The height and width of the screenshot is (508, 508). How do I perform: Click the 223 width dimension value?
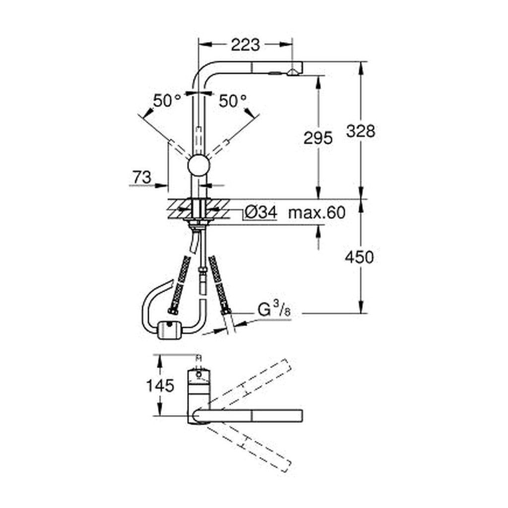(x=245, y=45)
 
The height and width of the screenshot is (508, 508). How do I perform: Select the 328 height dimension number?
(x=361, y=131)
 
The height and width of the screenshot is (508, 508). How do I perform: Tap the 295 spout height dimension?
(x=318, y=138)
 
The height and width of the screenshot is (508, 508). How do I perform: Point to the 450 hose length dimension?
(x=359, y=257)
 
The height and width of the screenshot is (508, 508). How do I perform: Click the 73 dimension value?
(x=142, y=177)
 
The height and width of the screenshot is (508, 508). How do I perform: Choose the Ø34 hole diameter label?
(x=261, y=213)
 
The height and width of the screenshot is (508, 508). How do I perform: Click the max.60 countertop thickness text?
(x=317, y=213)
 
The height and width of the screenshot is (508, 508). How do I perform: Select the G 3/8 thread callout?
(x=274, y=310)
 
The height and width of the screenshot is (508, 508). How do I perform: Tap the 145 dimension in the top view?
(x=160, y=385)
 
